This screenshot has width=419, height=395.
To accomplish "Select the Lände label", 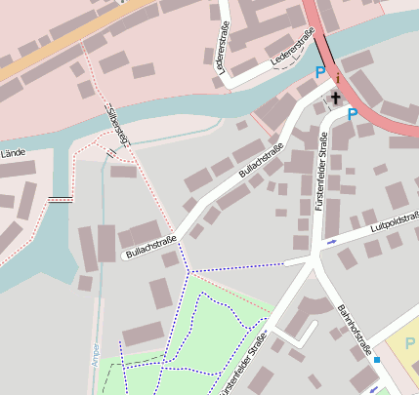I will pos(12,153).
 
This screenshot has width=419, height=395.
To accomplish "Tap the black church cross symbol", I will pos(335,98).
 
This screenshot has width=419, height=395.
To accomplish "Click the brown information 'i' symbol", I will pos(337,78).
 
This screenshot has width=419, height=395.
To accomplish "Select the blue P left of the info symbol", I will pos(318,72).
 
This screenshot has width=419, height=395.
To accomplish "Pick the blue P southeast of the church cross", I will pos(353,114).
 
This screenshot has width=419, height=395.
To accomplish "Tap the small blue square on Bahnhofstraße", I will pos(377,360).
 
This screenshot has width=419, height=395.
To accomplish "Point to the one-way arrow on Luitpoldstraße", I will pos(331,241).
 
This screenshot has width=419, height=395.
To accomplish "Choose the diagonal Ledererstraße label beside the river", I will pos(293,49).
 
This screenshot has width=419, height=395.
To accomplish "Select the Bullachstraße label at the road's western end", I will pos(150,247).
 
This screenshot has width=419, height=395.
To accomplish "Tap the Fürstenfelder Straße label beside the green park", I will pos(244,361).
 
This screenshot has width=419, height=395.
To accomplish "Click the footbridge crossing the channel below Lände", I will pos(61,199).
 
